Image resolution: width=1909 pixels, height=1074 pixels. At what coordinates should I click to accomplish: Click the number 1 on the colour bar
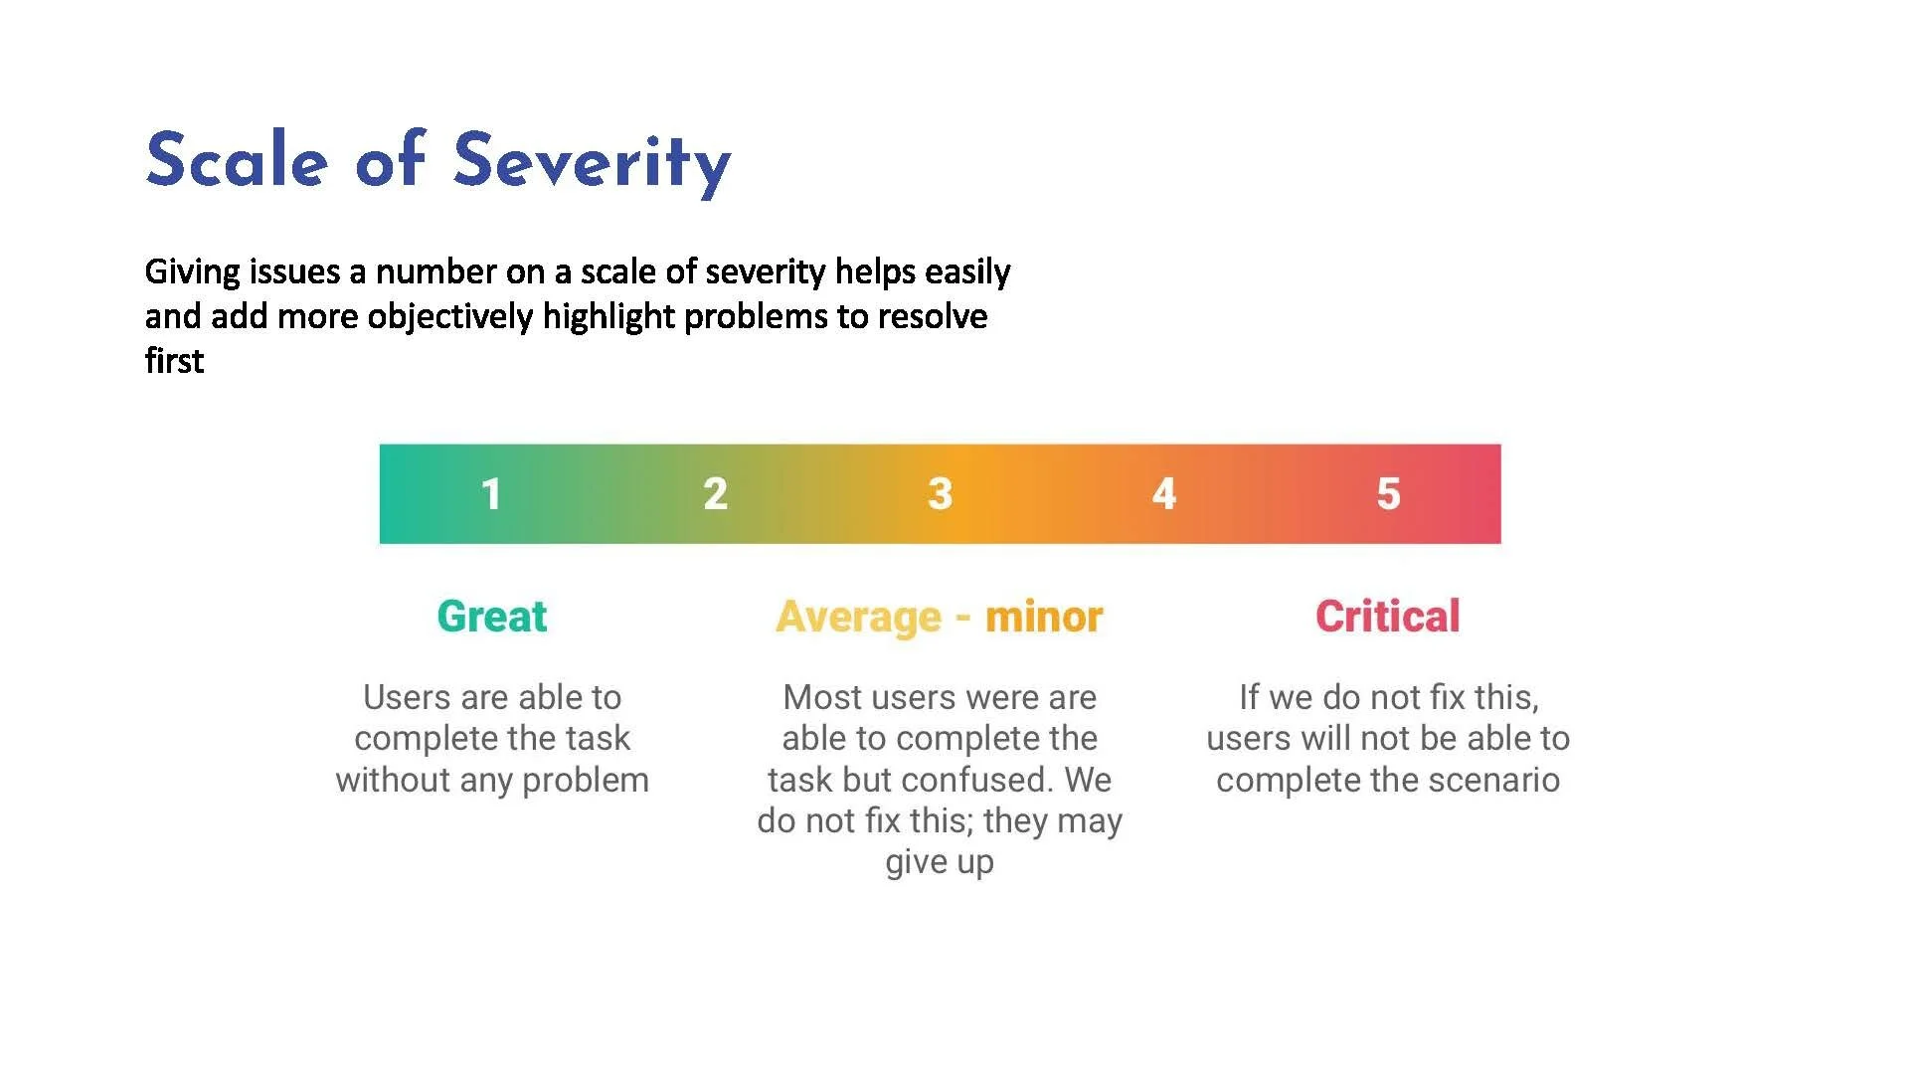(x=491, y=494)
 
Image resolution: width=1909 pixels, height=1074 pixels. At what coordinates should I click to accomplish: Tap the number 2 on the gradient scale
(x=715, y=494)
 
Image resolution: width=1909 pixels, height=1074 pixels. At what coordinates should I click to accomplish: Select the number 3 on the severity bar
(x=940, y=494)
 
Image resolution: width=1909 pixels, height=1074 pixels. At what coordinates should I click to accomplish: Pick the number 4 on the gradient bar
(x=1164, y=494)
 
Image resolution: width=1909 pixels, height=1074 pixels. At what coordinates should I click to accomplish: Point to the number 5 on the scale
(x=1388, y=494)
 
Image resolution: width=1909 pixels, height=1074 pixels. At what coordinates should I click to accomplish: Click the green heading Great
(x=492, y=617)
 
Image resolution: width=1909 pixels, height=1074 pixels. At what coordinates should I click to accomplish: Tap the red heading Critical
(x=1388, y=617)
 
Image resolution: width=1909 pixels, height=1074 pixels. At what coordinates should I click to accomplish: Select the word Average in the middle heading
(x=858, y=618)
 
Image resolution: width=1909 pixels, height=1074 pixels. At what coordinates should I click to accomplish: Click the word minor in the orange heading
(x=1044, y=618)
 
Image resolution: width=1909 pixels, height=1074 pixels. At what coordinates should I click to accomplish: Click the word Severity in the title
(x=593, y=161)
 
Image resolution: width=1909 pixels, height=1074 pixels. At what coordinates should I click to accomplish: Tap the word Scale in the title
(x=237, y=161)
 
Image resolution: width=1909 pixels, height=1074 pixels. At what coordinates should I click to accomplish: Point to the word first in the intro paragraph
(x=174, y=361)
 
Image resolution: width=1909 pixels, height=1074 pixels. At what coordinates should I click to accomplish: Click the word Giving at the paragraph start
(x=193, y=272)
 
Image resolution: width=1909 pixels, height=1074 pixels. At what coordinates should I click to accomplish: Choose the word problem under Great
(x=586, y=781)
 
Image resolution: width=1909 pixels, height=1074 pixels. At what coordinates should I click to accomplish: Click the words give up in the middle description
(x=940, y=862)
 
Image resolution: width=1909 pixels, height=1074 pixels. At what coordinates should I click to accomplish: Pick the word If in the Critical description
(x=1249, y=698)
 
